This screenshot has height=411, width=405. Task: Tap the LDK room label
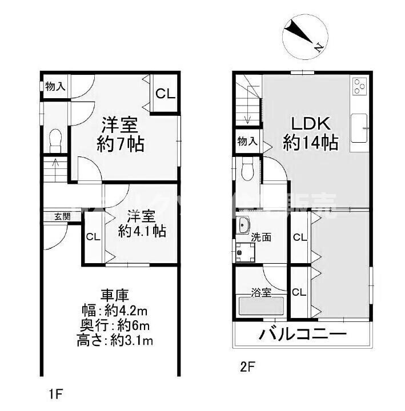(310, 124)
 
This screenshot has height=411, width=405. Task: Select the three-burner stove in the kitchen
(360, 86)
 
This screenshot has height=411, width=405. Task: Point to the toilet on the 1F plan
(55, 138)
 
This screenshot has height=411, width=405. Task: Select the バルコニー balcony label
(303, 333)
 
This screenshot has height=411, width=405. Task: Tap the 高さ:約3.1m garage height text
(116, 341)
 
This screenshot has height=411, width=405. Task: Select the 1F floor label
(55, 393)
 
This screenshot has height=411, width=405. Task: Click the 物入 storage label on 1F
(55, 87)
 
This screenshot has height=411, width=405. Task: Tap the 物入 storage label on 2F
(247, 142)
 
